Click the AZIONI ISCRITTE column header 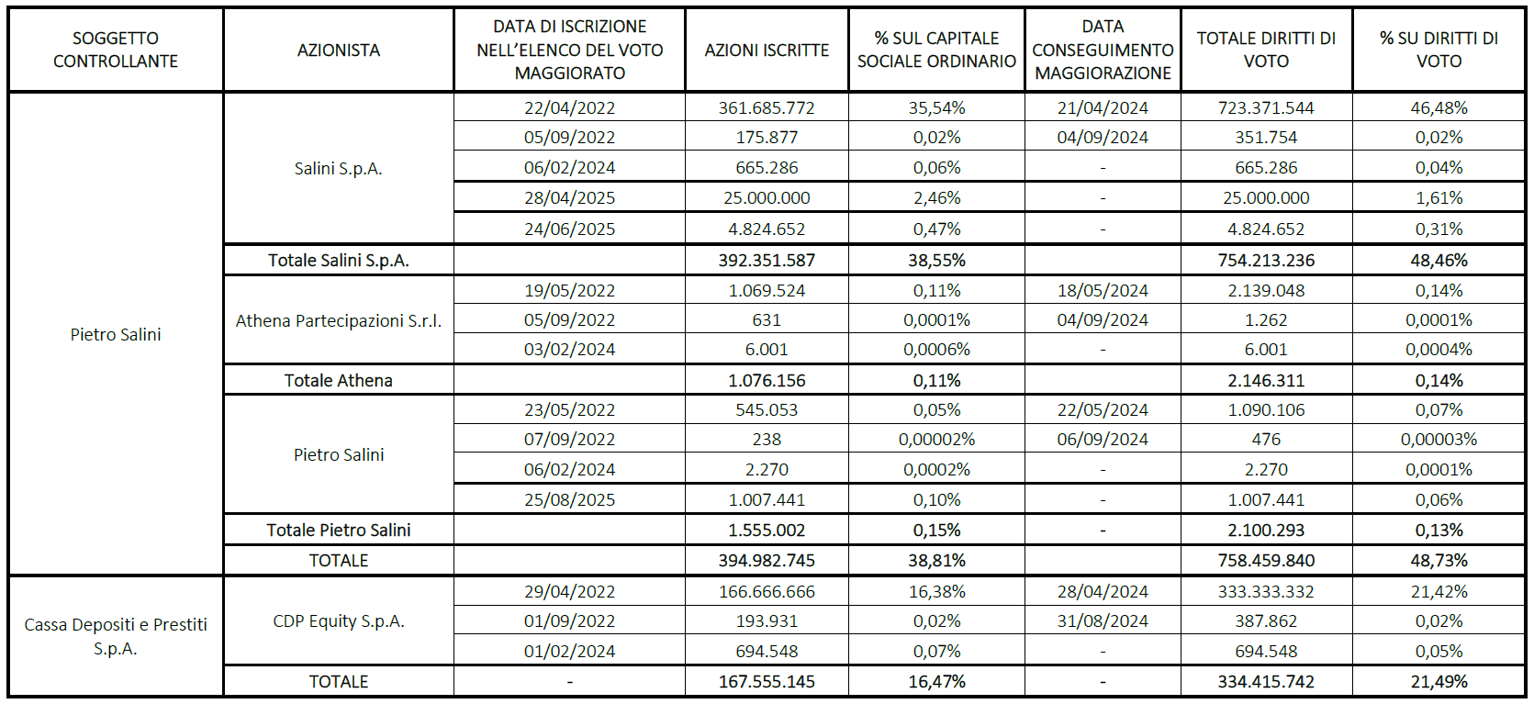pos(767,50)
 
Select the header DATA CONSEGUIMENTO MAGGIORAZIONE pos(1103,50)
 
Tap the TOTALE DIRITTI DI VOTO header pos(1266,50)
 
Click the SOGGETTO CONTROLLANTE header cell pos(116,50)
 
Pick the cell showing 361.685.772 pos(767,107)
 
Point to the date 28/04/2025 pos(569,198)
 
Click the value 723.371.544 pos(1266,107)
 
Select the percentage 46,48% pos(1439,107)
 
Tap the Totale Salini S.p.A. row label pos(338,261)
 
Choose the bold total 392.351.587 pos(767,261)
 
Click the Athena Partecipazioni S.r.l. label pos(338,320)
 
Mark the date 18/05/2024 pos(1103,291)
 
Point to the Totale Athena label pos(338,381)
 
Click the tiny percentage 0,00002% pos(936,440)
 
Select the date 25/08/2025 pos(569,500)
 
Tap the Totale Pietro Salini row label pos(338,531)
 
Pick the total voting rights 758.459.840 pos(1266,561)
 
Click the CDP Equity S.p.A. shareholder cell pos(338,621)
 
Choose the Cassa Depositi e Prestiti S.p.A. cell pos(116,636)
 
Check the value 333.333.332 pos(1266,592)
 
